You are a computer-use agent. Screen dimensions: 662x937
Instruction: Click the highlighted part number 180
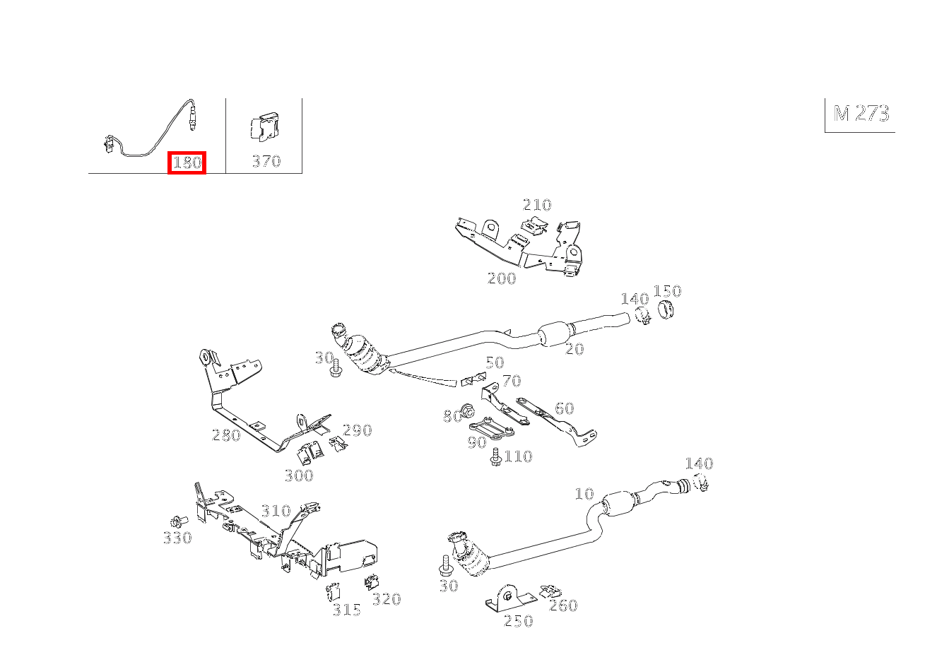[187, 162]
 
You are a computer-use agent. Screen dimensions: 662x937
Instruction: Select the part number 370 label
[266, 162]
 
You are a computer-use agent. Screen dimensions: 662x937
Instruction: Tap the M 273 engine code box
[860, 114]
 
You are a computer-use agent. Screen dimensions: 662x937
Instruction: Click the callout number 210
[536, 205]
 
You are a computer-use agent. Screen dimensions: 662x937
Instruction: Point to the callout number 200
[502, 278]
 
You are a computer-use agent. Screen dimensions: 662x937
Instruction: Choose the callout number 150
[667, 291]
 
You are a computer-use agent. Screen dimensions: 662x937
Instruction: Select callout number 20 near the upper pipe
[574, 349]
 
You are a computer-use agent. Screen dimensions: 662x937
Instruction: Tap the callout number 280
[226, 435]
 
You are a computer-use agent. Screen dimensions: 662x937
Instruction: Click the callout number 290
[357, 430]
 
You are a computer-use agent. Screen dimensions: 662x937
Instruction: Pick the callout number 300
[299, 475]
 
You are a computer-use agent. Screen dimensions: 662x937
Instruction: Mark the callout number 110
[518, 456]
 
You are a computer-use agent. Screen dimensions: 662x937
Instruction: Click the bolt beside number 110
[495, 456]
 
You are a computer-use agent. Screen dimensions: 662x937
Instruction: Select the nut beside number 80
[467, 410]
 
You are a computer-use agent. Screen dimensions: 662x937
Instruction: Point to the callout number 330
[177, 538]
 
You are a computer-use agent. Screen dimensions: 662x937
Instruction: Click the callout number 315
[347, 610]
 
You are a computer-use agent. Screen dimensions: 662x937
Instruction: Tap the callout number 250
[518, 621]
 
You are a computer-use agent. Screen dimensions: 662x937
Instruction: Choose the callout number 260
[563, 605]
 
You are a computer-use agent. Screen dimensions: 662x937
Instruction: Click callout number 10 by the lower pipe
[584, 494]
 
